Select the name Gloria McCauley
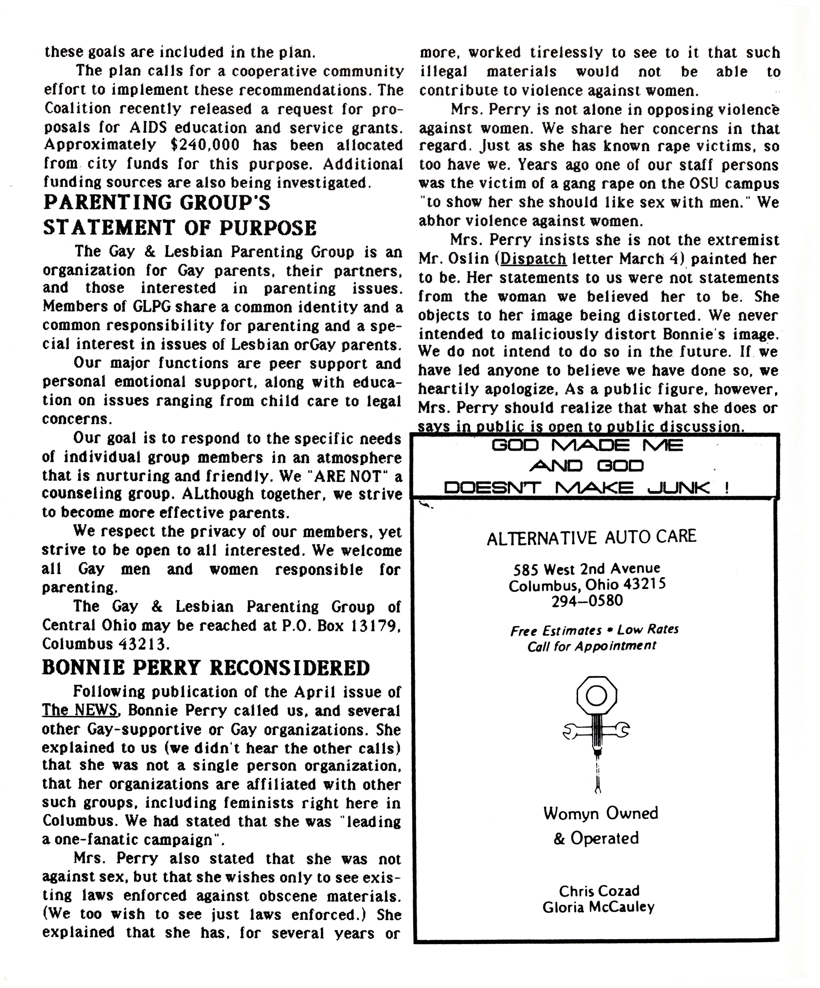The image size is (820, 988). pos(598,907)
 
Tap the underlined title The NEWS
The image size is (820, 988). pos(80,710)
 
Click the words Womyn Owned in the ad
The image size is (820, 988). pos(600,813)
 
